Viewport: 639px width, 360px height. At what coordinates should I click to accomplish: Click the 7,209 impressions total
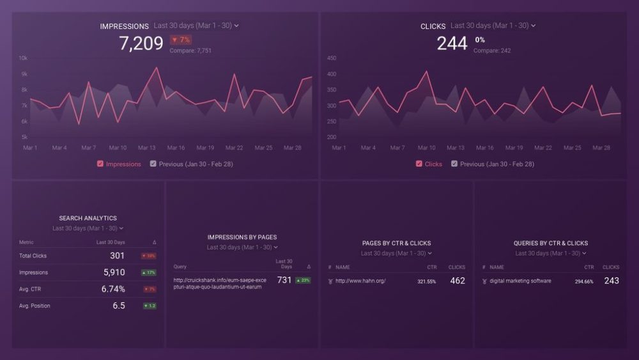coord(141,43)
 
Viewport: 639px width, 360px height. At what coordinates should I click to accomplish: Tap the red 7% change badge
coord(180,40)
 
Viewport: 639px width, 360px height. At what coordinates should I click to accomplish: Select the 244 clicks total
coord(452,43)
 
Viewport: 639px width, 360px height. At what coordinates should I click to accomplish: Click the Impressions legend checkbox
coord(100,164)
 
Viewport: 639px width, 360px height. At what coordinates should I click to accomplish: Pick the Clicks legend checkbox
coord(419,164)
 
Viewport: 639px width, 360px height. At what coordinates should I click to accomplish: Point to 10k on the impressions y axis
coord(23,58)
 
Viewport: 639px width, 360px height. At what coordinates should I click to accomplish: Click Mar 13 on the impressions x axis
coord(146,148)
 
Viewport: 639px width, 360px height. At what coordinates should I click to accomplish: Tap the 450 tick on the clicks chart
coord(331,58)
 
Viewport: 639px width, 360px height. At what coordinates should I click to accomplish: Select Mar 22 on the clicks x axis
coord(543,148)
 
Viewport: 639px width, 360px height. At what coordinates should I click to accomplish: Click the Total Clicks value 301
coord(117,256)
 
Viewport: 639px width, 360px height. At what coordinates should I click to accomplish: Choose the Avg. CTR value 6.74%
coord(113,289)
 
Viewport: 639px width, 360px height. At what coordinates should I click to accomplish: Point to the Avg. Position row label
coord(35,306)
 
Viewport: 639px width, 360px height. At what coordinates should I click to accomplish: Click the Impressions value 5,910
coord(114,272)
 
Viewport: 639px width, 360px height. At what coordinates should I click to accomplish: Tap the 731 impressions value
coord(284,280)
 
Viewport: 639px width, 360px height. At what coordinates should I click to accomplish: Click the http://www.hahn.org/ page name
coord(360,281)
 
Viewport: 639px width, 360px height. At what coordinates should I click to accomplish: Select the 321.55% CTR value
coord(426,281)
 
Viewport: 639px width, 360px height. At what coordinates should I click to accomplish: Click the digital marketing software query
coord(520,281)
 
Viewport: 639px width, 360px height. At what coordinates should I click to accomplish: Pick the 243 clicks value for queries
coord(611,281)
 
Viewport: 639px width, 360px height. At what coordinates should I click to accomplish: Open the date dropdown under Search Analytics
coord(88,228)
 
